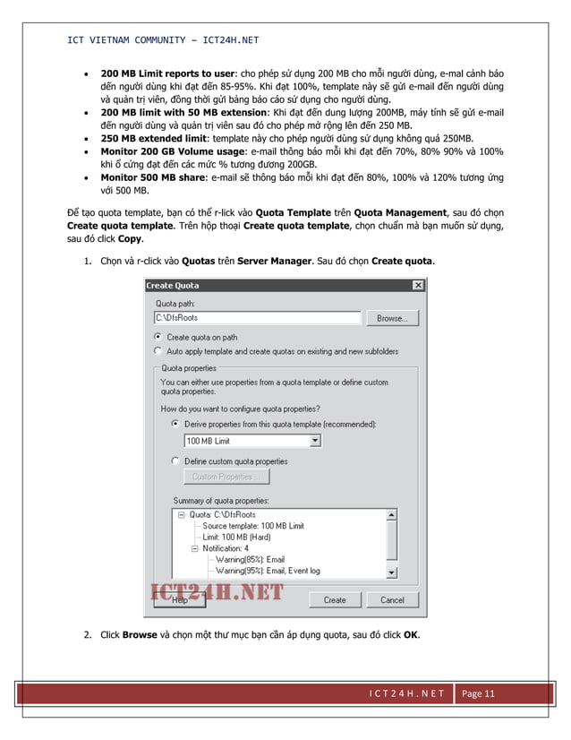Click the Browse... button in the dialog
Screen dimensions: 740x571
pyautogui.click(x=392, y=318)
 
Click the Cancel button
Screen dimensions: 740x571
pyautogui.click(x=392, y=599)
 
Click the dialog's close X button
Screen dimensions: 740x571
pyautogui.click(x=417, y=285)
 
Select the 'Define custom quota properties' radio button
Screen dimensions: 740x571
pyautogui.click(x=175, y=461)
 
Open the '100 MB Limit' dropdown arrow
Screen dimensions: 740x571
pyautogui.click(x=315, y=441)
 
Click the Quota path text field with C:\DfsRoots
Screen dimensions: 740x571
pyautogui.click(x=257, y=318)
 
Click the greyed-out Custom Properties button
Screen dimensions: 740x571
pyautogui.click(x=226, y=477)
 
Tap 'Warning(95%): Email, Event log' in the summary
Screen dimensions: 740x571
pyautogui.click(x=268, y=571)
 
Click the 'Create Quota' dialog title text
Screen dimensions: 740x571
pyautogui.click(x=173, y=285)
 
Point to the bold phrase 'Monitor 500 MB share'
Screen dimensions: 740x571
pyautogui.click(x=151, y=178)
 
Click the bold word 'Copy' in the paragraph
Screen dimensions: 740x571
pyautogui.click(x=130, y=240)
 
